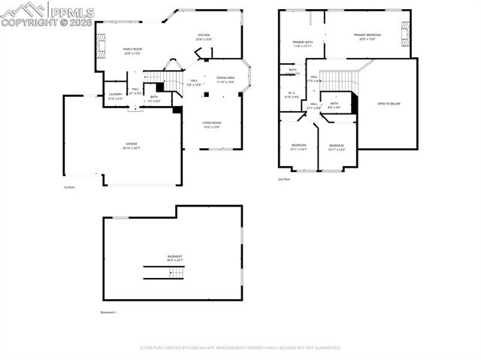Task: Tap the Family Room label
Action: (132, 50)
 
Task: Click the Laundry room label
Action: (115, 96)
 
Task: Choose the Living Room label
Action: (211, 123)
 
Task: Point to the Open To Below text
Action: (389, 103)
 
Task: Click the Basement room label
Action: (174, 258)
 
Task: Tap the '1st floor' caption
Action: (70, 187)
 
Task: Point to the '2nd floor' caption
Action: (284, 180)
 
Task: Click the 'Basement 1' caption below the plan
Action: (109, 312)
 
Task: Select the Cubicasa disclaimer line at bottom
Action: (240, 348)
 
